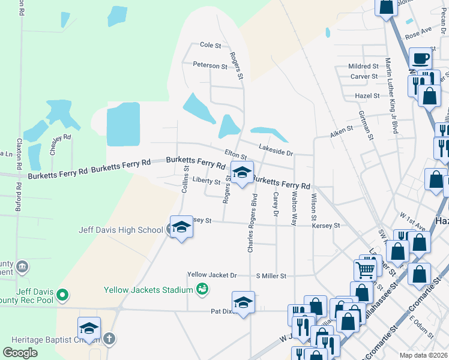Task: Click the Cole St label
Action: pos(211,45)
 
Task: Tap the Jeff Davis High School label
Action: pos(121,229)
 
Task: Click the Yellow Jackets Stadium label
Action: pos(147,290)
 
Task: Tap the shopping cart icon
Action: pos(366,270)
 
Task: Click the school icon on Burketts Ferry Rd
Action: pos(241,173)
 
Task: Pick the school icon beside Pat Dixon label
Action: pos(243,302)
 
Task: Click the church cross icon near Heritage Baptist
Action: pos(109,338)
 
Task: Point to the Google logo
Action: pos(20,353)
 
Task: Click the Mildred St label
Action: pos(364,66)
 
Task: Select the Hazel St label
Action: pos(368,95)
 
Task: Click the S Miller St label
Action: pos(271,275)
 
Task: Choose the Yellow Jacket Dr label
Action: pos(212,275)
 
